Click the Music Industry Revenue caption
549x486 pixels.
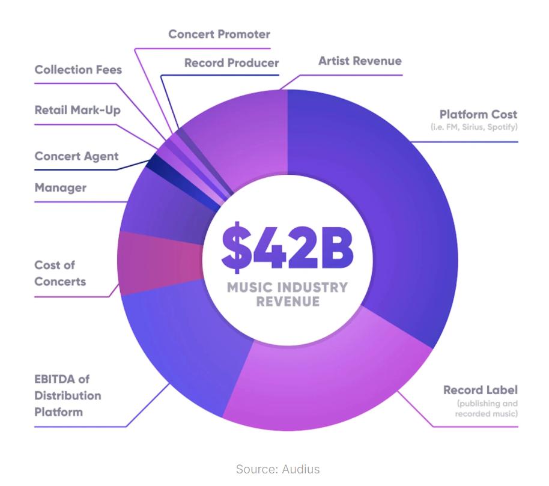[287, 294]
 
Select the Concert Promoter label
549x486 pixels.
[219, 34]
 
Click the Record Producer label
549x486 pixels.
[231, 62]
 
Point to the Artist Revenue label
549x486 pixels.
[360, 61]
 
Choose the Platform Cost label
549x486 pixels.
[478, 114]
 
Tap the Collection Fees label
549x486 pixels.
[78, 70]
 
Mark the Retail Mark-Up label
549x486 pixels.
[77, 110]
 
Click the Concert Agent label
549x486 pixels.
[77, 156]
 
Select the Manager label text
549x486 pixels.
[61, 187]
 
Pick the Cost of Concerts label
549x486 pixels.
[60, 273]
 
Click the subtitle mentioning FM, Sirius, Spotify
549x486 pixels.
[474, 127]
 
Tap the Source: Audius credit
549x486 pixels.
[278, 469]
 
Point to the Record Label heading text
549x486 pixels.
[481, 390]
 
